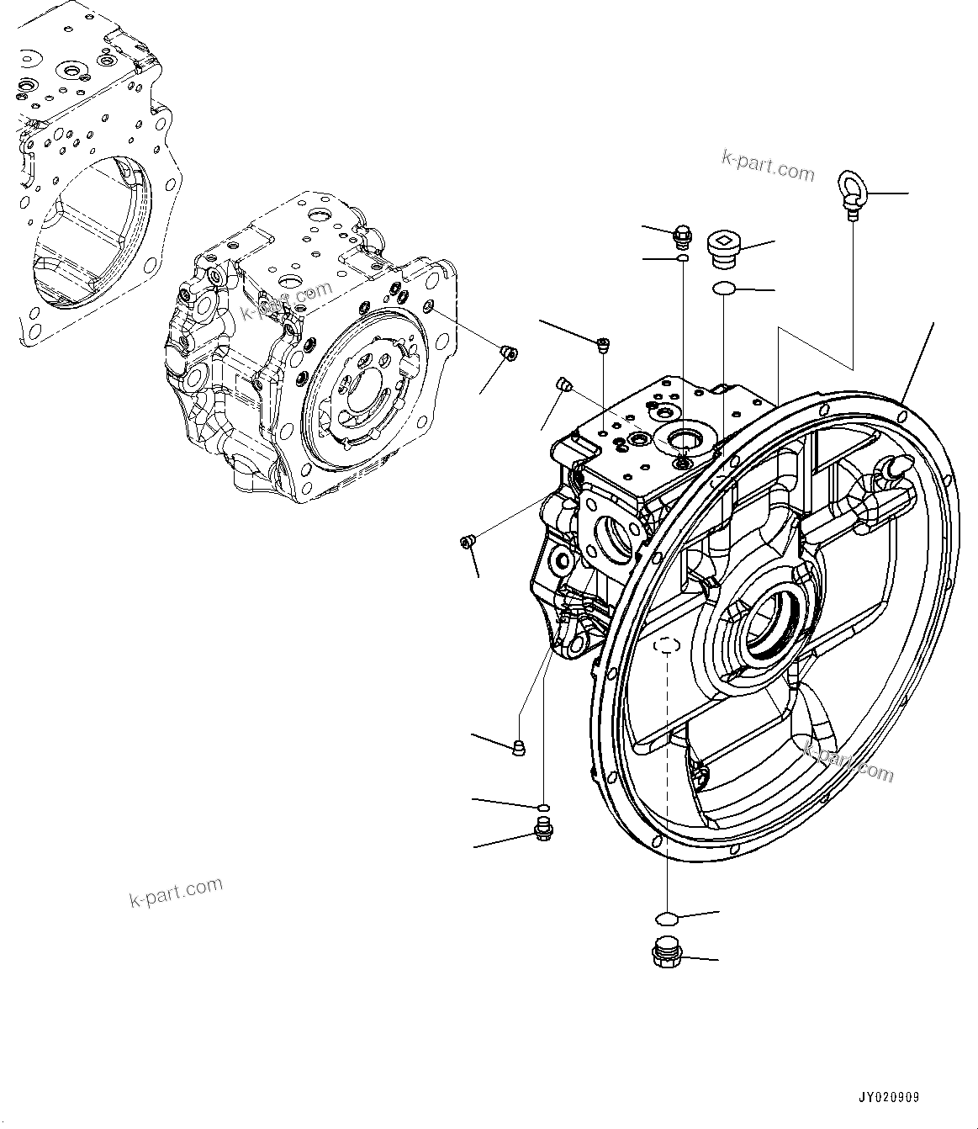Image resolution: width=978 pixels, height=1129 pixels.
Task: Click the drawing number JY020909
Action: (889, 1098)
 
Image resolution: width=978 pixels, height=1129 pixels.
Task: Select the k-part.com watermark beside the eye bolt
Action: (767, 166)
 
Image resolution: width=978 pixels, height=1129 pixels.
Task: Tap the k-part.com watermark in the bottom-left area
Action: (176, 892)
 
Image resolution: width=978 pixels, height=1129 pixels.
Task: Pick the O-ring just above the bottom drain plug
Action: (665, 916)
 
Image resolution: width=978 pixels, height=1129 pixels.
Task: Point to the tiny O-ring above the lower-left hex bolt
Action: (544, 808)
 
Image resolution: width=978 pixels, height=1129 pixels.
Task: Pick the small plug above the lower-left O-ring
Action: (519, 746)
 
